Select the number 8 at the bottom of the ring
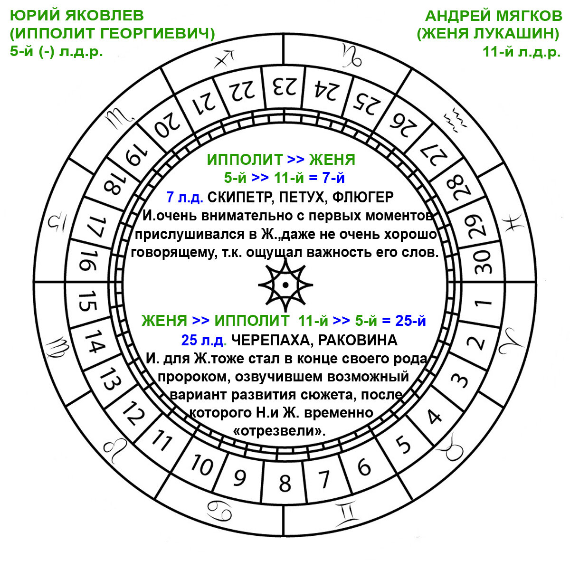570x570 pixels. tap(285, 483)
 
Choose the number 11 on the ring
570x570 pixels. tap(161, 441)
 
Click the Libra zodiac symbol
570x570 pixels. tap(57, 221)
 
